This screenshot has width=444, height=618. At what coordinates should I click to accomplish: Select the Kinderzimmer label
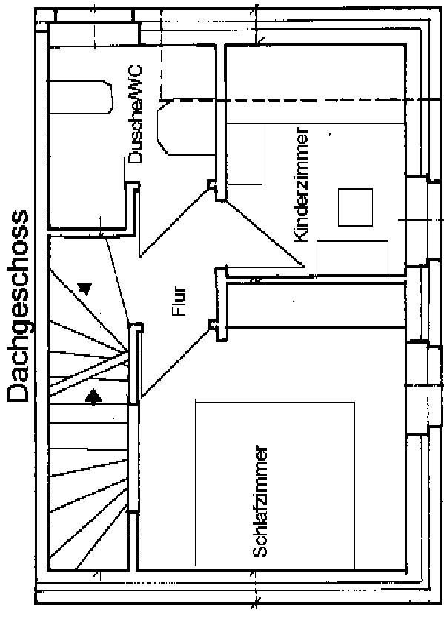[x=300, y=185]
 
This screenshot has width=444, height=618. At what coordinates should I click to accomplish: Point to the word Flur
[x=179, y=302]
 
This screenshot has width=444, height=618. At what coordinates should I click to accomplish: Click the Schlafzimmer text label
[x=260, y=502]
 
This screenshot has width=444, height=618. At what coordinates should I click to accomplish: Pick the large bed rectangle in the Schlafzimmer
[x=275, y=485]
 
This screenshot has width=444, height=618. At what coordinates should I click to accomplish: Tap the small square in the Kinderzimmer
[x=355, y=207]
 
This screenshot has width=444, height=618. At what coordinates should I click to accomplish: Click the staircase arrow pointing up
[x=93, y=397]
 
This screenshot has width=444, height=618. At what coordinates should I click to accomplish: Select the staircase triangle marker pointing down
[x=85, y=289]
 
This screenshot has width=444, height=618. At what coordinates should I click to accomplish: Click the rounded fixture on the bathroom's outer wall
[x=81, y=97]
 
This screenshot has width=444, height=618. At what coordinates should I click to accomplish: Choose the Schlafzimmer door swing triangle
[x=175, y=360]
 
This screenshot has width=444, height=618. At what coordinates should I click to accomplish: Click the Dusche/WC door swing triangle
[x=173, y=223]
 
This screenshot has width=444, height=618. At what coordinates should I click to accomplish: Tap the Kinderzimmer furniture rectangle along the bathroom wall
[x=245, y=154]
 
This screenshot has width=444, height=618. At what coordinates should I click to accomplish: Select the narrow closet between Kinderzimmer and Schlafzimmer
[x=317, y=305]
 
